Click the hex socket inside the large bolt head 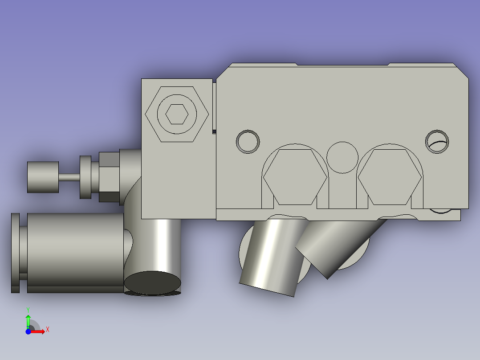tap(177, 115)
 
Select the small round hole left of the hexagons tap(248, 142)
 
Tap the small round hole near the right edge tap(437, 142)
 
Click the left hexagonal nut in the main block tap(295, 177)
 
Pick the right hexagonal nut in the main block tap(390, 177)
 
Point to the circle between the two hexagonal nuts tap(342, 157)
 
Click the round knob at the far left tap(43, 177)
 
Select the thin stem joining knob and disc tap(69, 177)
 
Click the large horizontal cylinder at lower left tap(75, 252)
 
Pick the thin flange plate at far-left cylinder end tap(15, 253)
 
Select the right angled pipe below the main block tap(338, 245)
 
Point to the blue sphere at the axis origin tap(28, 331)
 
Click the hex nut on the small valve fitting tap(109, 177)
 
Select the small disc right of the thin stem tap(85, 177)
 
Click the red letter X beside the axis tap(47, 330)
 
